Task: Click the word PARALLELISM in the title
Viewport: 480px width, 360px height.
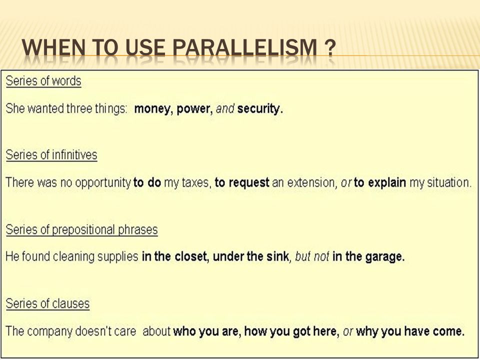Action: pyautogui.click(x=244, y=48)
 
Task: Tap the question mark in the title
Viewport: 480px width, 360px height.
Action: pyautogui.click(x=330, y=48)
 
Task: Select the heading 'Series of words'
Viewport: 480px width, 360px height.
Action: pyautogui.click(x=43, y=81)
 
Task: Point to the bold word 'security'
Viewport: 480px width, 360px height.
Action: pyautogui.click(x=259, y=108)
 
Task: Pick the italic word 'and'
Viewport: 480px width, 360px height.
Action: pyautogui.click(x=225, y=108)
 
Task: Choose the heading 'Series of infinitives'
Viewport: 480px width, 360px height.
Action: pyautogui.click(x=51, y=155)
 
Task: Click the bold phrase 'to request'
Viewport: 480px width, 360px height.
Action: pyautogui.click(x=242, y=183)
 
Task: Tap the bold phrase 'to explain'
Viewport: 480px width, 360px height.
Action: pyautogui.click(x=380, y=183)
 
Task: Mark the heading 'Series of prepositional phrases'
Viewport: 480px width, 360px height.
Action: pyautogui.click(x=81, y=229)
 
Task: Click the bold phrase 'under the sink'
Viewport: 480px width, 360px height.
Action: pyautogui.click(x=250, y=256)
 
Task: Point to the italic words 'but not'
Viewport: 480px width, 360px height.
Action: pyautogui.click(x=312, y=256)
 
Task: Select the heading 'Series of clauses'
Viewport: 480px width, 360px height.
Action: pyautogui.click(x=48, y=303)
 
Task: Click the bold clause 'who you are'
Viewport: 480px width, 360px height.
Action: pyautogui.click(x=206, y=331)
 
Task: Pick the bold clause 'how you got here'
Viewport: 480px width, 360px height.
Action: pyautogui.click(x=291, y=331)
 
